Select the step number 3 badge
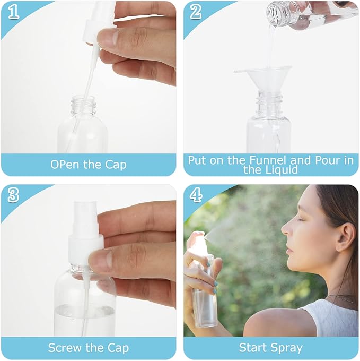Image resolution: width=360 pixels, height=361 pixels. [13, 195]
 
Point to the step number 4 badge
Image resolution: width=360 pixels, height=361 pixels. [196, 195]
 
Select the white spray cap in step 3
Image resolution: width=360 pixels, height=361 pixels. [84, 234]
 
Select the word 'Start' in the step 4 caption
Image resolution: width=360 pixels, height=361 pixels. [253, 348]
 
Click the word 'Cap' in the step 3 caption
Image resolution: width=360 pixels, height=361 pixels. [117, 348]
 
